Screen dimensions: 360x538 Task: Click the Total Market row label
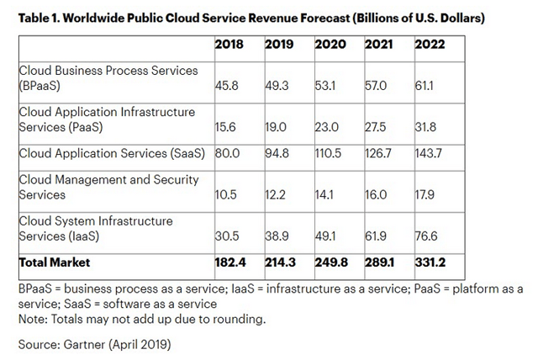point(55,263)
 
